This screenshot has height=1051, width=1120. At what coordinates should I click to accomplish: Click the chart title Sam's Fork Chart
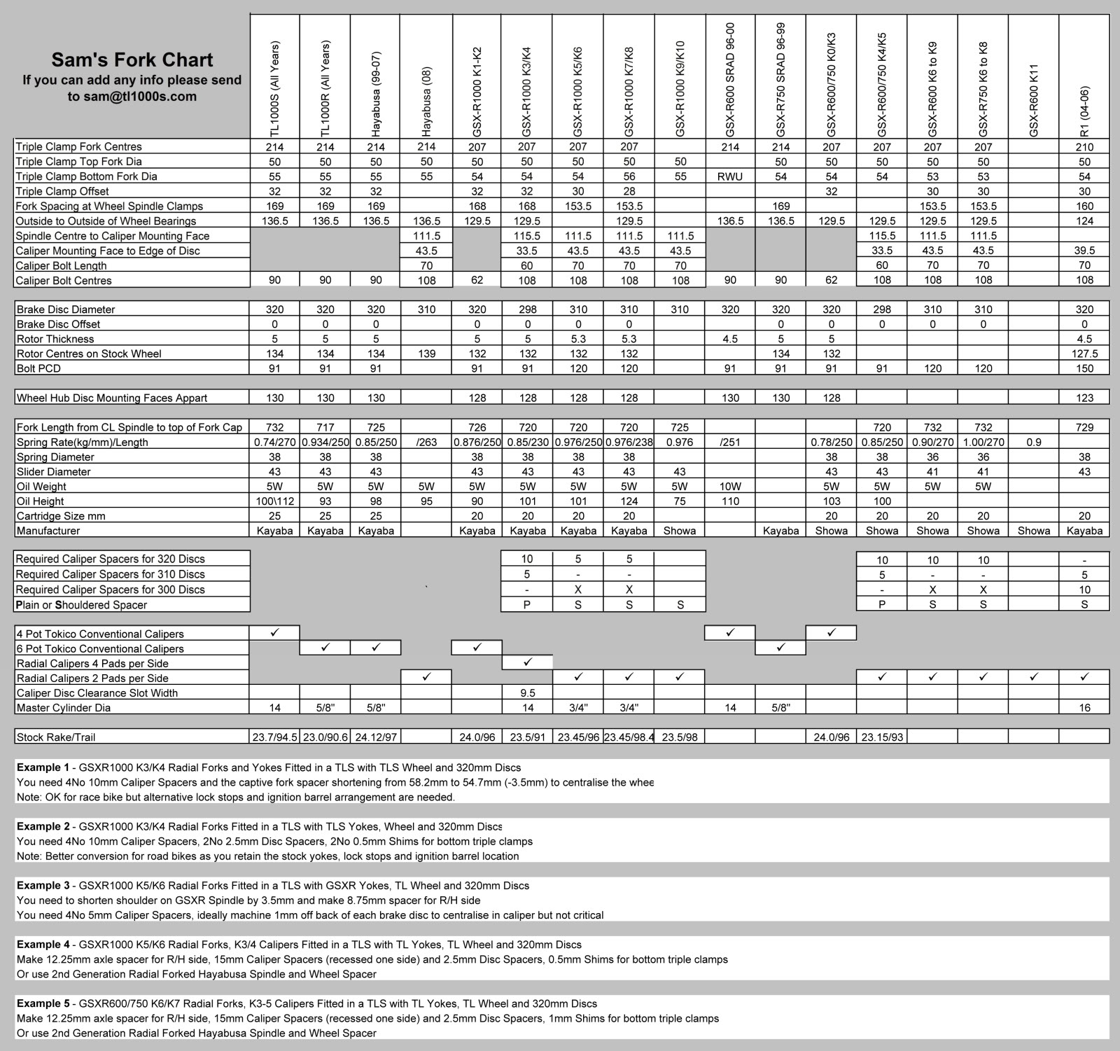point(132,60)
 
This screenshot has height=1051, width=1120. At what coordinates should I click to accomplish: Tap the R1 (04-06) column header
point(1084,111)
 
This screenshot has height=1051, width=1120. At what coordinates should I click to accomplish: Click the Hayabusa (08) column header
point(426,102)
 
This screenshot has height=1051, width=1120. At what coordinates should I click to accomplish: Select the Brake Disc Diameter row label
point(66,309)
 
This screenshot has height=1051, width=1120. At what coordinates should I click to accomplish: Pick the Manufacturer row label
point(48,531)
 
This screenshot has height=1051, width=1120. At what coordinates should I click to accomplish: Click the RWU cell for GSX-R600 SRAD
point(730,176)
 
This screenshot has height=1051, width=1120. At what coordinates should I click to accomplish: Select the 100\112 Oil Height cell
point(274,501)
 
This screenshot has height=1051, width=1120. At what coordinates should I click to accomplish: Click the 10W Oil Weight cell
point(730,487)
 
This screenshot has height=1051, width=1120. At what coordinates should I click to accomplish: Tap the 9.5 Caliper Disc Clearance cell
point(527,693)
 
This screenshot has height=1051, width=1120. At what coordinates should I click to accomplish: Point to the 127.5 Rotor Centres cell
point(1084,354)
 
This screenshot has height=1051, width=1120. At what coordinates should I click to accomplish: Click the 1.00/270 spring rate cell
point(983,443)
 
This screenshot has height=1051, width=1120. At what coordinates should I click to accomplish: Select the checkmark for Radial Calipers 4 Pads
point(527,662)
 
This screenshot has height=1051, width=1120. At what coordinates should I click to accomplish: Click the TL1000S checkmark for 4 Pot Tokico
point(274,633)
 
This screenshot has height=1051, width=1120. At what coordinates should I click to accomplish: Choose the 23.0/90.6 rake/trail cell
point(325,737)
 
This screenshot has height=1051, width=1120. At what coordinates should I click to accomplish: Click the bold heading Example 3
point(43,886)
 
